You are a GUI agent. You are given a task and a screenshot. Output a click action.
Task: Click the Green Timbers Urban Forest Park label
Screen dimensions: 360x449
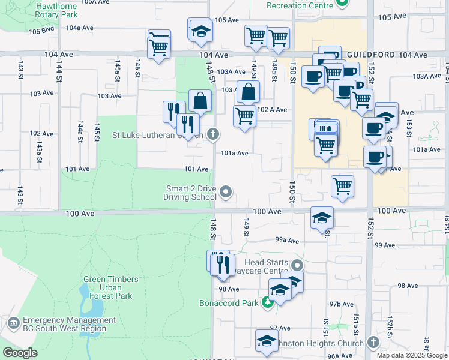tap(111, 287)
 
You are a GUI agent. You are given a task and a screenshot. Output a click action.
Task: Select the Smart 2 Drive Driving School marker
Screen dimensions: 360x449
tap(226, 192)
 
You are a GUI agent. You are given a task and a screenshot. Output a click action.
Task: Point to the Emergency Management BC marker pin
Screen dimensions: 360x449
tap(13, 324)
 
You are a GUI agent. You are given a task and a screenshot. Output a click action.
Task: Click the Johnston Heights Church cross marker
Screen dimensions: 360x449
tap(373, 343)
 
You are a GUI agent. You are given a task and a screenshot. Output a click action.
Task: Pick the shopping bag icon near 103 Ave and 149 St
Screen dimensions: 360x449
tap(248, 92)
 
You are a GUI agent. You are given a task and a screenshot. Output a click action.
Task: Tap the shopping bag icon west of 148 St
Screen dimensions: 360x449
tap(200, 101)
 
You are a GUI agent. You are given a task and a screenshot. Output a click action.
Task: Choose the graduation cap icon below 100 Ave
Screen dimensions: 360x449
tap(322, 218)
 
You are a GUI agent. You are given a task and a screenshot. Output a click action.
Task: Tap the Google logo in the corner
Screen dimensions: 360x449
tap(20, 353)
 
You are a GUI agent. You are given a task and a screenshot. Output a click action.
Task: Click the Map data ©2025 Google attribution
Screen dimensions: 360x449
tap(412, 355)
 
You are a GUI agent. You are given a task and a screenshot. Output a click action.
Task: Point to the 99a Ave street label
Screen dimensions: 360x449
tap(287, 240)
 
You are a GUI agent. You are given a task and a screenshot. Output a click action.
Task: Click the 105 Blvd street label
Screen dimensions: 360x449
tap(41, 31)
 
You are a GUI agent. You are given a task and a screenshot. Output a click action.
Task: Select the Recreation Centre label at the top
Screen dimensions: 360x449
tap(300, 5)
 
